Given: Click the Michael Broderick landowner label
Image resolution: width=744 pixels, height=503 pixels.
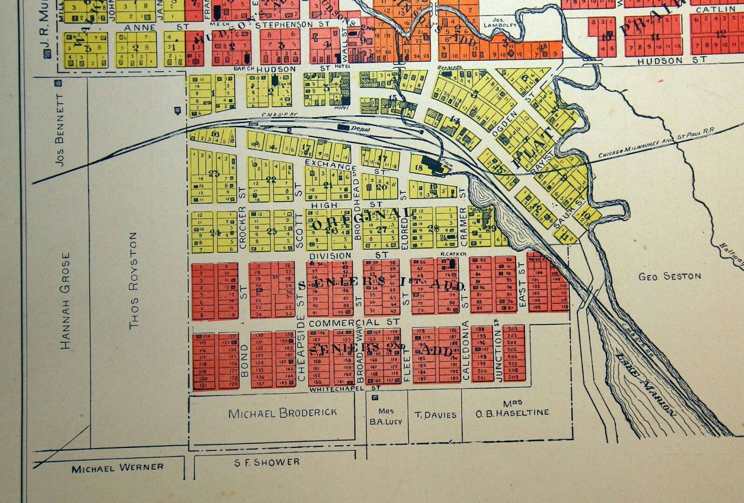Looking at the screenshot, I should click(283, 412).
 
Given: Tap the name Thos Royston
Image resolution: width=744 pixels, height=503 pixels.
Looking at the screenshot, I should click(133, 281).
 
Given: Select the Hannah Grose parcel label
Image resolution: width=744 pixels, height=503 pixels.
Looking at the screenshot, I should click(66, 300).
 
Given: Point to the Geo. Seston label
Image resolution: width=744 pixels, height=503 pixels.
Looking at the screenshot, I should click(670, 276).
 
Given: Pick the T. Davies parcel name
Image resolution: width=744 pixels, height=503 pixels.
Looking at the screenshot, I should click(435, 415).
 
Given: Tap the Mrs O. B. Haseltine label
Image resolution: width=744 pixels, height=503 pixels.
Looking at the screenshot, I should click(512, 408).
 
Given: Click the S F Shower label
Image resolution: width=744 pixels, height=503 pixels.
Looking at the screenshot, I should click(267, 462).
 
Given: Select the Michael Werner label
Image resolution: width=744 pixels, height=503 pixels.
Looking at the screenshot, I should click(118, 468).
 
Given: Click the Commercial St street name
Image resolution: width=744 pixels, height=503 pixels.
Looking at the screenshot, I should click(354, 322).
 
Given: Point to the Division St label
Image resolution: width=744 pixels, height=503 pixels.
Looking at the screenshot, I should click(348, 255).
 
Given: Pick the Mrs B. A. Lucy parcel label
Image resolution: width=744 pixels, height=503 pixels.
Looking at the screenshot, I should click(386, 417).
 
